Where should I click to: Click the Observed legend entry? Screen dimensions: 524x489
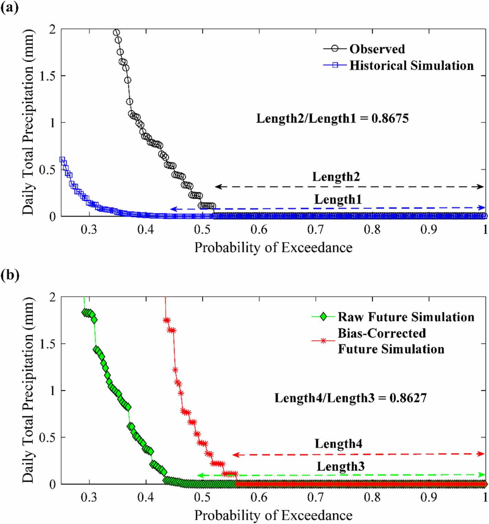coord(377,49)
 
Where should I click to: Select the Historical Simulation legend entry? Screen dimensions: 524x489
coord(411,65)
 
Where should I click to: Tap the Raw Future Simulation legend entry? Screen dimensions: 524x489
coord(406,317)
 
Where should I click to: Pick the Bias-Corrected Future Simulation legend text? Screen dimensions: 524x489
coord(391,341)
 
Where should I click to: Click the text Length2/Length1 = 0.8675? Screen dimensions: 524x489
coord(332,118)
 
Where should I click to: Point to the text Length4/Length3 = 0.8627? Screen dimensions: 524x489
coord(350,398)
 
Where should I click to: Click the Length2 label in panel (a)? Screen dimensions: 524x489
coord(336,177)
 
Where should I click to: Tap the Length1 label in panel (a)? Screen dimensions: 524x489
coord(338,199)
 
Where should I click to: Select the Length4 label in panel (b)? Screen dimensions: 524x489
coord(338,443)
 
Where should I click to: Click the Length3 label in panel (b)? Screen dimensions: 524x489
coord(340,466)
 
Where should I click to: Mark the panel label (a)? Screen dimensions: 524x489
coord(9,7)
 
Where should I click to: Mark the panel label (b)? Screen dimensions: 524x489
coord(10,275)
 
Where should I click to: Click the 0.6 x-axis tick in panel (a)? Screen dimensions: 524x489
coord(259,229)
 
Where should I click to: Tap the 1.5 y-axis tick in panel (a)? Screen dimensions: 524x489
coord(47,76)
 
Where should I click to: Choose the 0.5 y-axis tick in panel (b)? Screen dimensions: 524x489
coord(47,438)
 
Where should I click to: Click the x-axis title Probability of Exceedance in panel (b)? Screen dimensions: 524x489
coord(273,515)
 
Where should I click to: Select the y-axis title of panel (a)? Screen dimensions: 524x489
coord(28,122)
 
